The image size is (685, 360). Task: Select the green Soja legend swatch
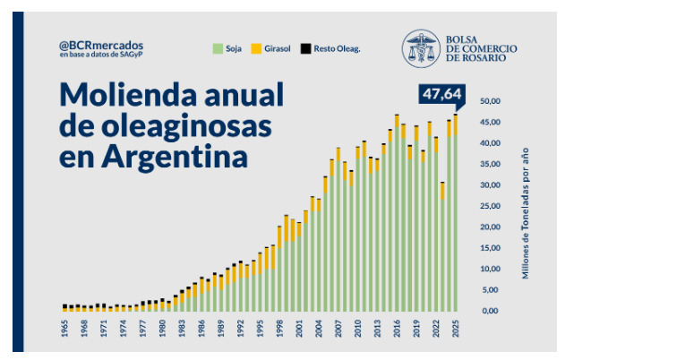point(217,47)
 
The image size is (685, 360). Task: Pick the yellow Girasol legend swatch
point(255,47)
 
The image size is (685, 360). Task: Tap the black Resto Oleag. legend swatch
point(304,47)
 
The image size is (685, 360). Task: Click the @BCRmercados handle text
point(101,45)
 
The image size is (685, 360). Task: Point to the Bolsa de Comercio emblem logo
point(420,48)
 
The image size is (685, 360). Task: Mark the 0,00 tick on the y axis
point(489,311)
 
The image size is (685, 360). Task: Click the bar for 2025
point(456,215)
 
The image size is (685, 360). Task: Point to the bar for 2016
point(397,215)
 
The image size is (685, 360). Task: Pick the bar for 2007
point(338,233)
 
